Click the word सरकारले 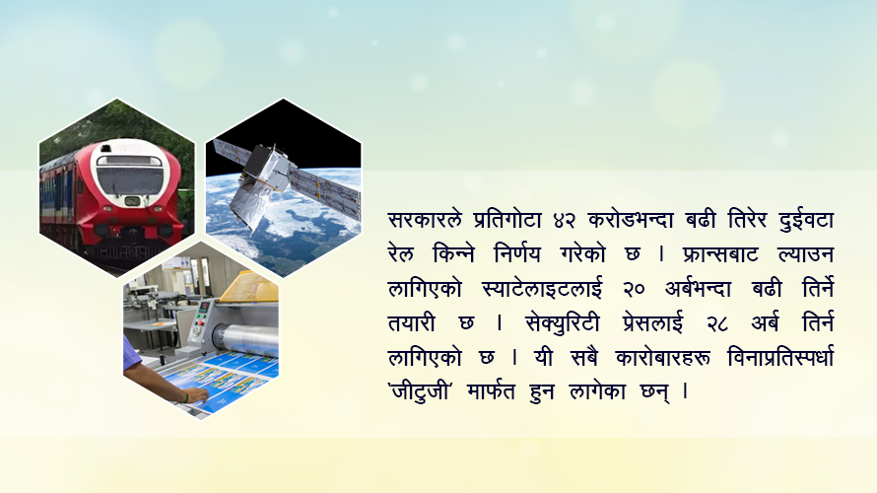425,219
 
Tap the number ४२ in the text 565,221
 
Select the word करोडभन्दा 631,219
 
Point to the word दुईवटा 806,219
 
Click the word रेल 400,253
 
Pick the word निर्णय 517,253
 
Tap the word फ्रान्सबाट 720,254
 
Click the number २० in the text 634,290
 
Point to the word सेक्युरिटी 562,323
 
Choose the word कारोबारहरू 663,357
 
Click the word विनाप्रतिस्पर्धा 780,357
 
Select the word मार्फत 491,391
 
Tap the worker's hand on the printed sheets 195,395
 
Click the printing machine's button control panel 200,320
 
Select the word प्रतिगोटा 507,219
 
